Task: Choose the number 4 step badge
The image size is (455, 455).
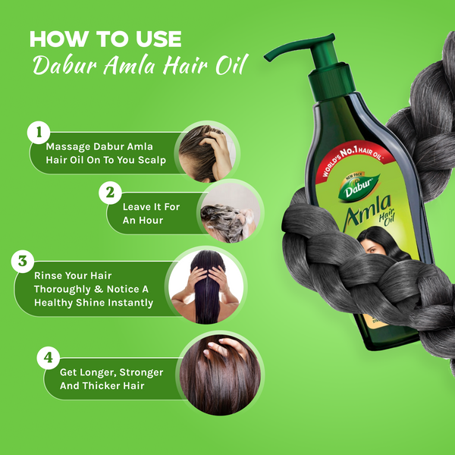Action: pyautogui.click(x=47, y=355)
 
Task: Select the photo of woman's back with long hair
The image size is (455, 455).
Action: pyautogui.click(x=205, y=286)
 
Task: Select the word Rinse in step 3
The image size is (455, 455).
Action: pyautogui.click(x=48, y=275)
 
